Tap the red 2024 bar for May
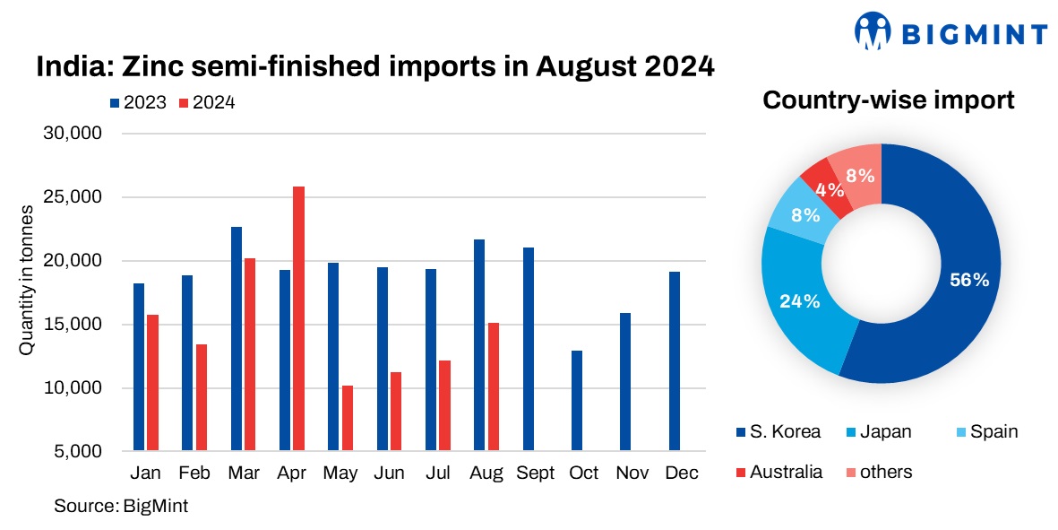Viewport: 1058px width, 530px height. pyautogui.click(x=348, y=418)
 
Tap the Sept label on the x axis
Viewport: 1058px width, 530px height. pyautogui.click(x=536, y=473)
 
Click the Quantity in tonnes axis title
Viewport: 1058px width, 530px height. pyautogui.click(x=27, y=281)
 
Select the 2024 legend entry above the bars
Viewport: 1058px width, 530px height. pyautogui.click(x=208, y=103)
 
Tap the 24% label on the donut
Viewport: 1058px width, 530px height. pyautogui.click(x=799, y=301)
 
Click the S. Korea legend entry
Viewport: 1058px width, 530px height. pyautogui.click(x=776, y=431)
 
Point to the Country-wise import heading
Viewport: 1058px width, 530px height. pyautogui.click(x=888, y=100)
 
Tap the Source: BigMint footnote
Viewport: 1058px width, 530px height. pyautogui.click(x=121, y=506)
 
